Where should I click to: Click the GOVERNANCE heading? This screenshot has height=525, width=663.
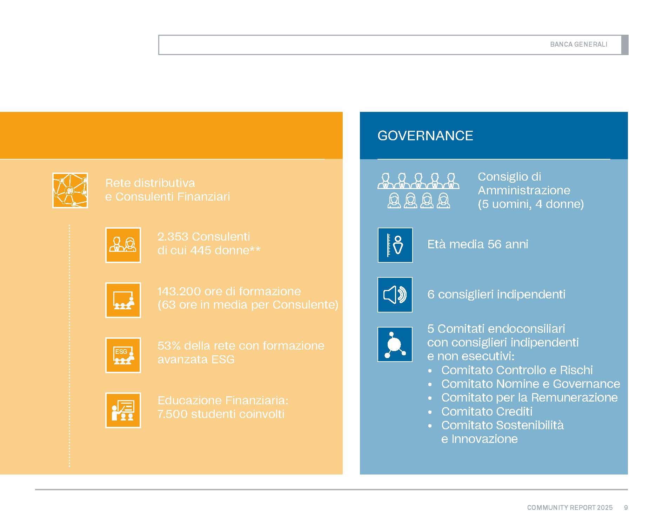click(425, 136)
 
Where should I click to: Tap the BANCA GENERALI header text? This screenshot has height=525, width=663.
click(578, 45)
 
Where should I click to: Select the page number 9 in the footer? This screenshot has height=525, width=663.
click(626, 507)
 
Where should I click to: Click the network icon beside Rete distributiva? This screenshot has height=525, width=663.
click(70, 190)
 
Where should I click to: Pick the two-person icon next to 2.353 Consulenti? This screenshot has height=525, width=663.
click(123, 245)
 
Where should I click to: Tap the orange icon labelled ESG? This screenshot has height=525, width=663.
click(123, 355)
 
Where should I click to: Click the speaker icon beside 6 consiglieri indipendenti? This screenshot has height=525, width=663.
click(395, 295)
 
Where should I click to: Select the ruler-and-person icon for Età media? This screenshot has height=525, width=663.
click(395, 245)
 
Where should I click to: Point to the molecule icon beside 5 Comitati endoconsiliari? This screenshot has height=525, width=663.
click(395, 344)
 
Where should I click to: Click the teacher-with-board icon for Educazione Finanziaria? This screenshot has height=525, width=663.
click(123, 410)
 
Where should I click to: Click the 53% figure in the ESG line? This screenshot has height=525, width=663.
click(169, 346)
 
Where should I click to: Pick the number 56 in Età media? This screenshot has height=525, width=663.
click(494, 244)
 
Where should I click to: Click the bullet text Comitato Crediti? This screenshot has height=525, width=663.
click(487, 411)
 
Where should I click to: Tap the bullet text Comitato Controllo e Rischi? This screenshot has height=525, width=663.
click(517, 370)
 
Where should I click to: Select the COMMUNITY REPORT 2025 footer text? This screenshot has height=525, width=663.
click(570, 507)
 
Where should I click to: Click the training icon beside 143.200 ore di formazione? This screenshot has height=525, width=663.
click(123, 300)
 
